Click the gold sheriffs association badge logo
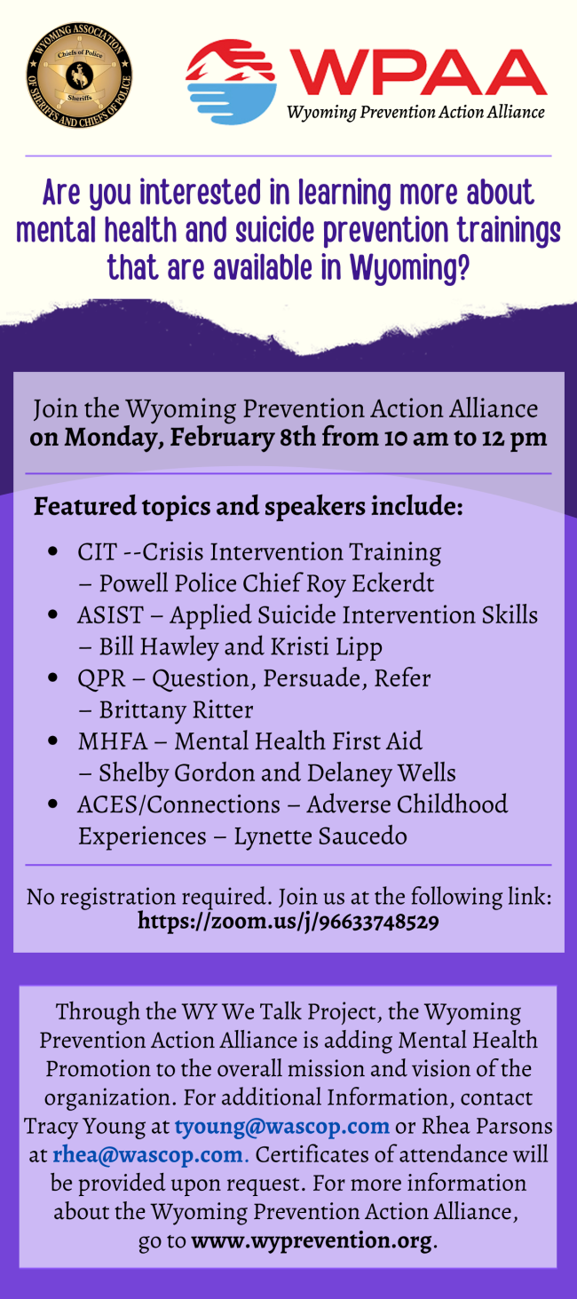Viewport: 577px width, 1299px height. [79, 76]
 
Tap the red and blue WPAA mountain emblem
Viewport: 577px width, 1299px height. [231, 82]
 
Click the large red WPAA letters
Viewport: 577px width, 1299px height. [417, 72]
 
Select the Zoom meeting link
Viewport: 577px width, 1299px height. [288, 921]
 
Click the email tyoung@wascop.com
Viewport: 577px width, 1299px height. [281, 1126]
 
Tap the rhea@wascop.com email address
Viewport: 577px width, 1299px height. [148, 1154]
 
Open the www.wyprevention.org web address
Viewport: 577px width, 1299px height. [312, 1240]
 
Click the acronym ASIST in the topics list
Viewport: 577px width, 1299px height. [110, 614]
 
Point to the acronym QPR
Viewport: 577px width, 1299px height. [101, 678]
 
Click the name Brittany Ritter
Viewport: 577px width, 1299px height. [176, 709]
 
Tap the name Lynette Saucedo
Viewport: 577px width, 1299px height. [320, 836]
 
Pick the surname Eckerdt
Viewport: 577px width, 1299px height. [393, 583]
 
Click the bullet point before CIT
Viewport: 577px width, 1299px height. [53, 550]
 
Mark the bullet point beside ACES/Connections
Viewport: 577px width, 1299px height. [53, 804]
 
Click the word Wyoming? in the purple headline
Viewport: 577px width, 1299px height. [409, 268]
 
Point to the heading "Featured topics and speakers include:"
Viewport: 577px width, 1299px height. [249, 506]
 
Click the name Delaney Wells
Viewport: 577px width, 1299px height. [381, 772]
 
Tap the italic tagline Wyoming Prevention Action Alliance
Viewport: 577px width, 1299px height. [415, 112]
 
